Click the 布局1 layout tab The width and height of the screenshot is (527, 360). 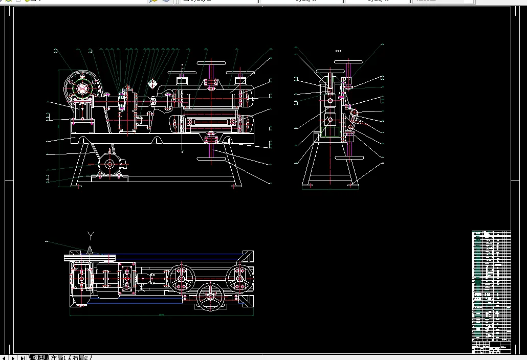57,357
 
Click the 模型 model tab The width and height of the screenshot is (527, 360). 38,357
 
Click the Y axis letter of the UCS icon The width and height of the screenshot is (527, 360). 91,236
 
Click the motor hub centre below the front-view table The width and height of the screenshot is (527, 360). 109,165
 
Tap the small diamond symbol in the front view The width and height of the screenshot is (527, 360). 152,83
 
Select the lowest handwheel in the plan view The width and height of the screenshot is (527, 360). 210,296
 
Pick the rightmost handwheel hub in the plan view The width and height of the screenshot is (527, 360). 239,278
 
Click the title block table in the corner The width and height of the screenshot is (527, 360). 491,291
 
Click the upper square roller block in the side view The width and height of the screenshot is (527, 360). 330,101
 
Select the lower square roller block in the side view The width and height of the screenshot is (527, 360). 330,120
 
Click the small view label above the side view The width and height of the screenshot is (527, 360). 338,51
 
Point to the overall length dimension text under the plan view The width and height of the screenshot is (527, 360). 161,314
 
